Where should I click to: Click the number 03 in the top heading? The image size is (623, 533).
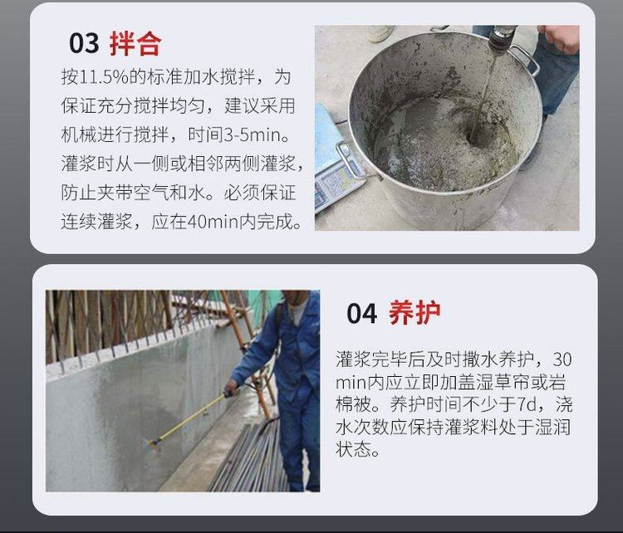tap(84, 43)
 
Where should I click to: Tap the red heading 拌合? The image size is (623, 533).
tap(135, 43)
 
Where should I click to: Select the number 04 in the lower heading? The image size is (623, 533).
tap(361, 314)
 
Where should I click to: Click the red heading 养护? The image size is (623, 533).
tap(415, 313)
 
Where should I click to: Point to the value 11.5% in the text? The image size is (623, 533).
tap(104, 76)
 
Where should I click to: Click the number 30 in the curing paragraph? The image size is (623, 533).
tap(562, 359)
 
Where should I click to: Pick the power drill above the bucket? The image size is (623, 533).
tap(502, 38)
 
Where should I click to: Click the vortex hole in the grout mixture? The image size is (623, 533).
tap(477, 138)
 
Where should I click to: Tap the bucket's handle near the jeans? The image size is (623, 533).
tap(526, 60)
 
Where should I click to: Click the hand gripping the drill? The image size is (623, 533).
tap(560, 37)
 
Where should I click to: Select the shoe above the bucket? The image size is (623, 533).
tap(380, 33)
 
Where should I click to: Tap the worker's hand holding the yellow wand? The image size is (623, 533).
tap(231, 387)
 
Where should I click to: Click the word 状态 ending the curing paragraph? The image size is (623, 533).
tap(353, 450)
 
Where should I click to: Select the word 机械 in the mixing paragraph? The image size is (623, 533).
tap(79, 135)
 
